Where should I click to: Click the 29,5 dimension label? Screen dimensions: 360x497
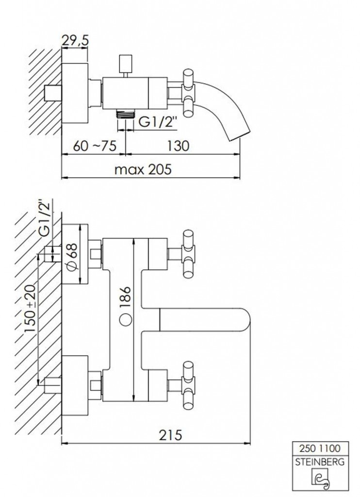coord(75,41)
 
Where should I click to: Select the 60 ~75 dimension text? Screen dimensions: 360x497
coord(95,146)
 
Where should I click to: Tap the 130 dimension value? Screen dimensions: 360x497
coord(178,146)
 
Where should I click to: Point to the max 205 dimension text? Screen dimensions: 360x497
coord(143,169)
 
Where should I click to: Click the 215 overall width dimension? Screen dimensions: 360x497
coord(170,435)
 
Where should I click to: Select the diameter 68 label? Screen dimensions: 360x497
coord(72,257)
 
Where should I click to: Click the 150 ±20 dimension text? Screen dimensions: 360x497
coord(31,308)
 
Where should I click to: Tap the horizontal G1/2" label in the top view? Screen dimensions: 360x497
coord(157,122)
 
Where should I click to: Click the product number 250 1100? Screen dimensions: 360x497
coord(320,448)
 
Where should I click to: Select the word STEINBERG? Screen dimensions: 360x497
coord(320,462)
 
